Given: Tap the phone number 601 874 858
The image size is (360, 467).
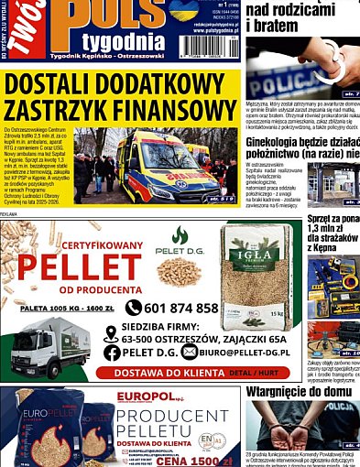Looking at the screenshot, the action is tap(182, 309).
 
